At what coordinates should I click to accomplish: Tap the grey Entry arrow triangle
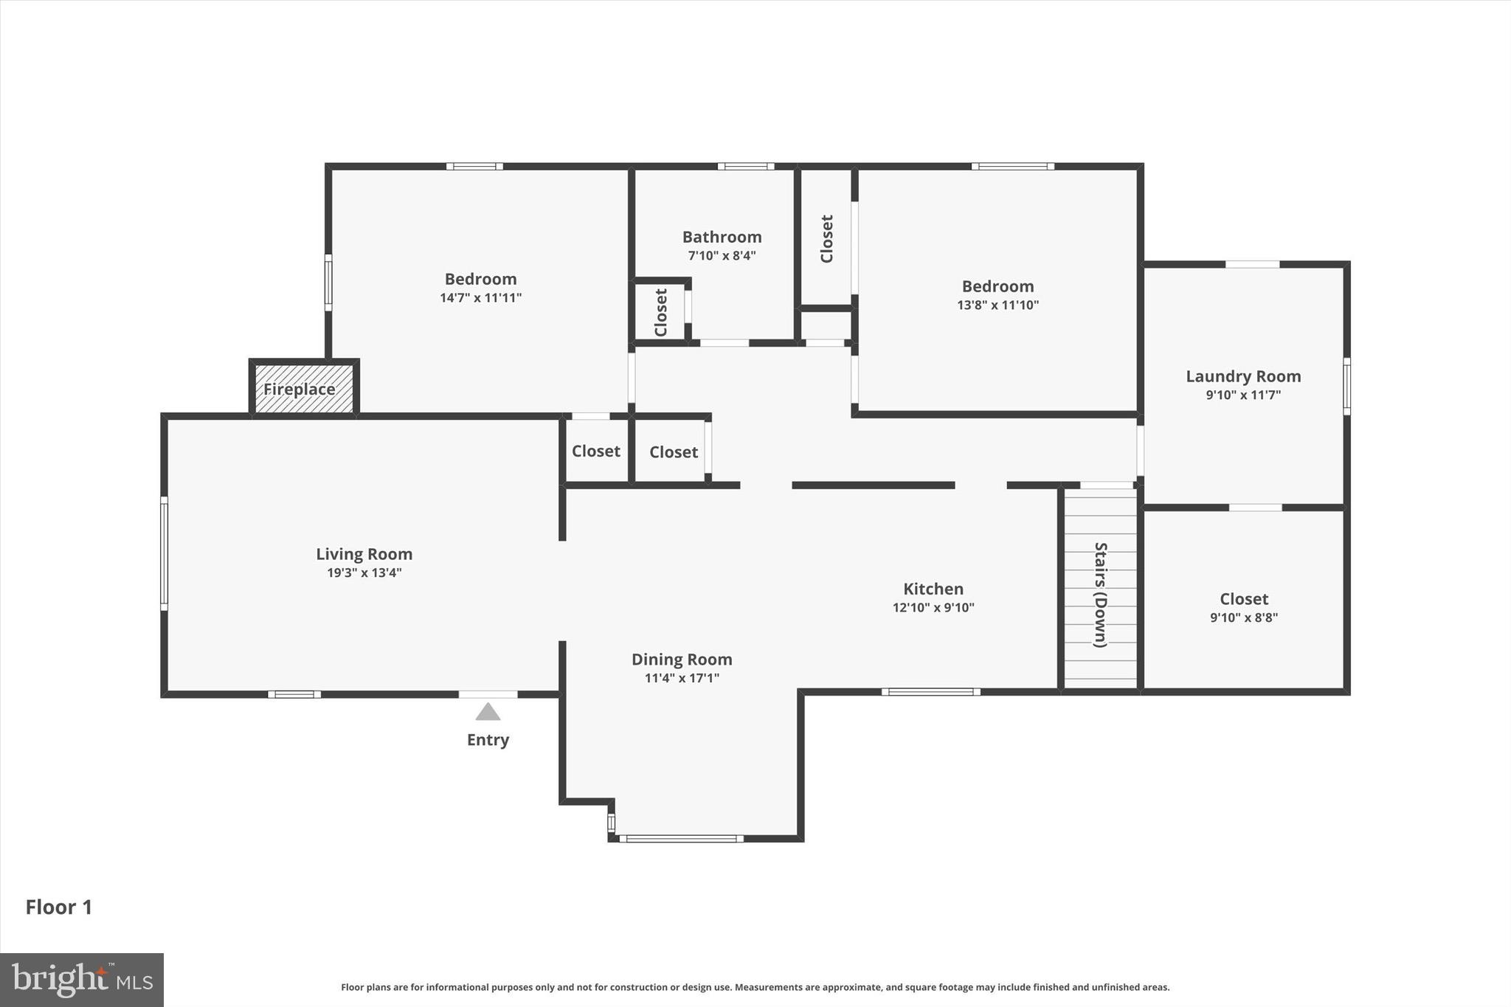pyautogui.click(x=488, y=712)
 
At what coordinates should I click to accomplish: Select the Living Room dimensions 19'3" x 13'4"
pyautogui.click(x=364, y=572)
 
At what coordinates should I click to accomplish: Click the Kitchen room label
pyautogui.click(x=933, y=589)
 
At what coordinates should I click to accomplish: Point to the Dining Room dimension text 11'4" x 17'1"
pyautogui.click(x=681, y=678)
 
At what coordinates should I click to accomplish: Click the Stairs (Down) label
pyautogui.click(x=1100, y=595)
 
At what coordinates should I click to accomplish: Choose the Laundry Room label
pyautogui.click(x=1243, y=376)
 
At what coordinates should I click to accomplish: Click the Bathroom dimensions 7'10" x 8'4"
pyautogui.click(x=722, y=256)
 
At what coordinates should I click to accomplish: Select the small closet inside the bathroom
pyautogui.click(x=660, y=312)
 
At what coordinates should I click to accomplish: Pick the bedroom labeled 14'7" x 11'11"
pyautogui.click(x=480, y=288)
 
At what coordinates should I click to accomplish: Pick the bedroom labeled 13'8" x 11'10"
pyautogui.click(x=997, y=294)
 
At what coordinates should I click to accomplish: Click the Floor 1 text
pyautogui.click(x=59, y=907)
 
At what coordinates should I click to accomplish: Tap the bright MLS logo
pyautogui.click(x=82, y=980)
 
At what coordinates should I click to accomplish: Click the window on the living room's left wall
pyautogui.click(x=164, y=553)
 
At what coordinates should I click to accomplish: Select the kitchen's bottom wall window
pyautogui.click(x=930, y=692)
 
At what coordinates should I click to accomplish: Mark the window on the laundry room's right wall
pyautogui.click(x=1346, y=387)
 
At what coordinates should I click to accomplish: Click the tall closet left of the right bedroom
pyautogui.click(x=826, y=238)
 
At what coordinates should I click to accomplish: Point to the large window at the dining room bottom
pyautogui.click(x=680, y=838)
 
